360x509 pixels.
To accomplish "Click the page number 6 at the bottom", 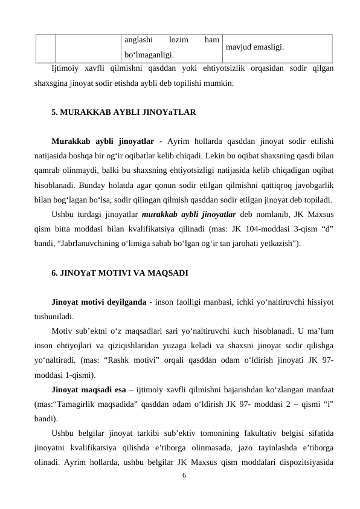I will (185, 475).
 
